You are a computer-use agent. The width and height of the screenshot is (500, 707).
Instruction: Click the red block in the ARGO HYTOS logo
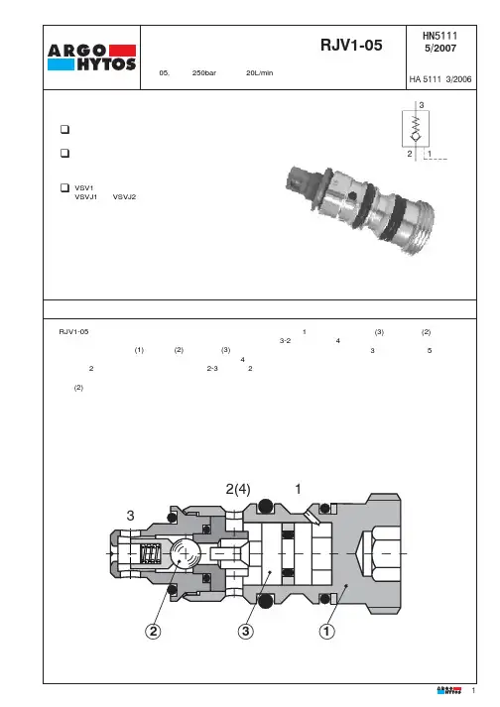coord(122,50)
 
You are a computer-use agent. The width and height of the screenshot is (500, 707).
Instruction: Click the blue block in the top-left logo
coord(61,64)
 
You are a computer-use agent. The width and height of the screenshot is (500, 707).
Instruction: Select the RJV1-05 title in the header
coord(351,45)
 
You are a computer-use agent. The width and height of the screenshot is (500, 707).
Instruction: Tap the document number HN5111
coord(440,36)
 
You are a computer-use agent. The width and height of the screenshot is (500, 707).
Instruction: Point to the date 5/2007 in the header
coord(440,48)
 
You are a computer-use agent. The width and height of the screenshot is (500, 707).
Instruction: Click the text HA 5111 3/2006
coord(440,79)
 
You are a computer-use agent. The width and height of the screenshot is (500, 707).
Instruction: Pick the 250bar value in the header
coord(204,73)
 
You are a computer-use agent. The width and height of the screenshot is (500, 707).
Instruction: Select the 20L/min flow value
coord(260,73)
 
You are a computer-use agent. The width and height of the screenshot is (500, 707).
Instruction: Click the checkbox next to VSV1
coord(65,187)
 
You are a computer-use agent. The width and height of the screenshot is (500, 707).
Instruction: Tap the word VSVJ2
coord(124,197)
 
